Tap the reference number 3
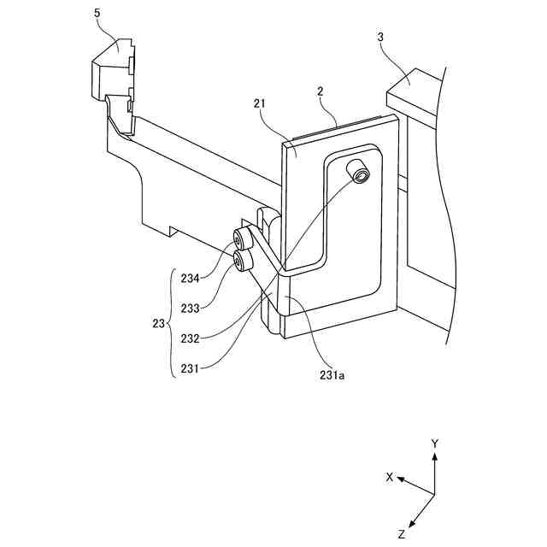pos(380,38)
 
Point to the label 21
pos(261,103)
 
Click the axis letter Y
pos(435,444)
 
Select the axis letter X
pos(390,478)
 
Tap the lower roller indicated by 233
pos(243,260)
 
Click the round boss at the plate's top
pos(360,174)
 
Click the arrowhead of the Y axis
pos(435,457)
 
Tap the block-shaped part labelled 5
pos(111,73)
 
